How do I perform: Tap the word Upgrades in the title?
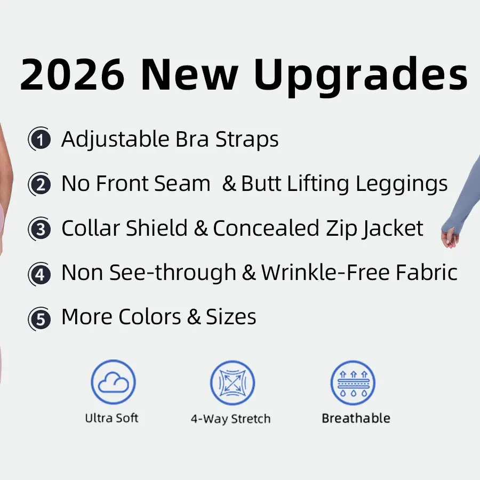click(x=361, y=76)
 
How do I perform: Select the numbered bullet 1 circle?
click(x=39, y=139)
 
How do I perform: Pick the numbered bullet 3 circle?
click(x=39, y=229)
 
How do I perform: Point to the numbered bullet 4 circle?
click(x=39, y=274)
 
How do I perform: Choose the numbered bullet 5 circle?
click(x=39, y=319)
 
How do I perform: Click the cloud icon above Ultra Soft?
click(x=113, y=382)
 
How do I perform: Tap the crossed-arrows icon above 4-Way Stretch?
click(x=233, y=382)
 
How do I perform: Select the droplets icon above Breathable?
click(x=353, y=382)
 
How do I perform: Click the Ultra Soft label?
click(x=112, y=418)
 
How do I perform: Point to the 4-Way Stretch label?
click(x=230, y=419)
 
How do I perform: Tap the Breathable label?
click(x=356, y=418)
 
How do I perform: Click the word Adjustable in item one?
click(x=115, y=140)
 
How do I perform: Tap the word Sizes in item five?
click(x=231, y=317)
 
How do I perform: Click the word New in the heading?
click(x=189, y=75)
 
